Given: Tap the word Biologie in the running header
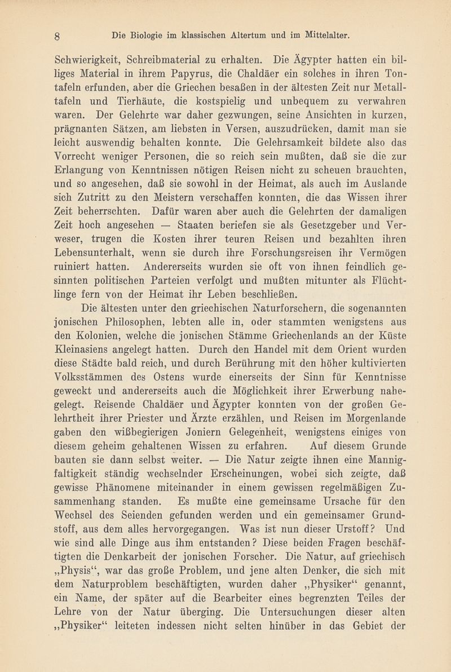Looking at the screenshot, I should click(x=149, y=35).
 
